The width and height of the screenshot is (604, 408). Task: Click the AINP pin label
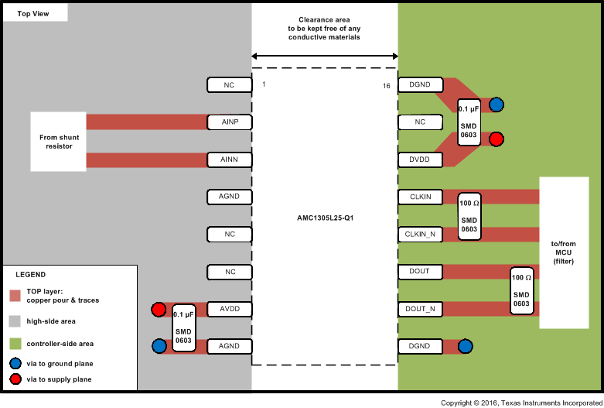[230, 122]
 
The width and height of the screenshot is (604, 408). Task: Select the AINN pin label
[230, 159]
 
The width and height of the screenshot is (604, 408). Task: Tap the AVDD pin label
[230, 309]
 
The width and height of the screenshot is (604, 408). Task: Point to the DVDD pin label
[420, 159]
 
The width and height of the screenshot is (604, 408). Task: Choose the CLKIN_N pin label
[420, 234]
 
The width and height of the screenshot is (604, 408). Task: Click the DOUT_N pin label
[420, 309]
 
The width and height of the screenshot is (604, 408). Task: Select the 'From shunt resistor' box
[59, 142]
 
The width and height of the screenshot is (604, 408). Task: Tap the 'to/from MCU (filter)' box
[568, 253]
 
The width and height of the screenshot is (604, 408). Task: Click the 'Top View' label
[34, 13]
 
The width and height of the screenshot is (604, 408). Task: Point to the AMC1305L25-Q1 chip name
[324, 218]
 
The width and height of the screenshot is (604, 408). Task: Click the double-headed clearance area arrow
[324, 56]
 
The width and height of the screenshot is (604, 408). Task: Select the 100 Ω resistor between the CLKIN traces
[469, 215]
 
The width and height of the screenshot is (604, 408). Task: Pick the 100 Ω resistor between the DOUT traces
[521, 290]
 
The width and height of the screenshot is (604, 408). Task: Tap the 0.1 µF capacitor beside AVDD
[183, 327]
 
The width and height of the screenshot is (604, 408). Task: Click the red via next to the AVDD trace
[159, 310]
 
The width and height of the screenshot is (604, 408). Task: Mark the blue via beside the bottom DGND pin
[465, 346]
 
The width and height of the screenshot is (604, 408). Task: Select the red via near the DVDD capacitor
[497, 139]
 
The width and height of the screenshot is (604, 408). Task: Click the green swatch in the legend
[15, 343]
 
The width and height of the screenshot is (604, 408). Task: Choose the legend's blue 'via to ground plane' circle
[15, 362]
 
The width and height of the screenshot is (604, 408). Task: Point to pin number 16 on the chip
[386, 85]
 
